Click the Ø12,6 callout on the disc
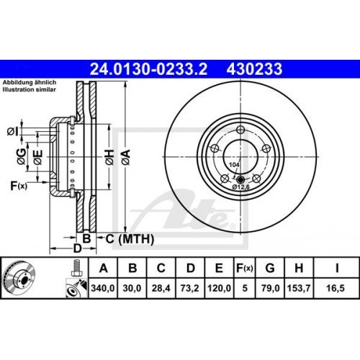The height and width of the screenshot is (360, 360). click(x=240, y=186)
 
